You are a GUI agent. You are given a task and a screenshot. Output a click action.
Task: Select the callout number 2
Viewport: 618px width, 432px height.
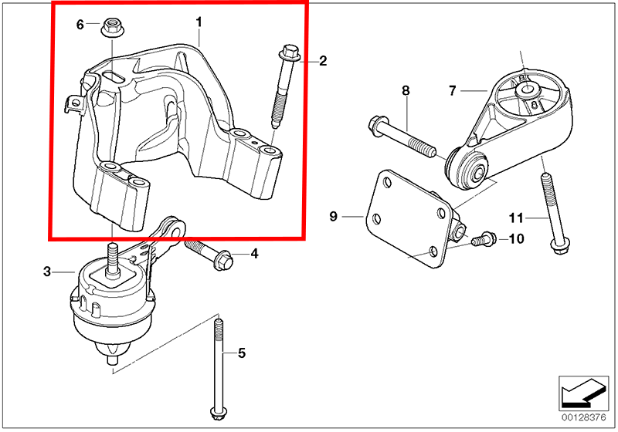[323, 60]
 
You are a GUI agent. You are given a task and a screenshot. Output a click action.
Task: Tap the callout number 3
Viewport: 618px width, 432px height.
[47, 272]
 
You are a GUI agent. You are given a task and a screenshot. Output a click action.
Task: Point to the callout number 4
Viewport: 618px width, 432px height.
[253, 254]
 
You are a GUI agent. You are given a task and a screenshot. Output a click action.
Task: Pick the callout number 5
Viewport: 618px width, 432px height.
[241, 353]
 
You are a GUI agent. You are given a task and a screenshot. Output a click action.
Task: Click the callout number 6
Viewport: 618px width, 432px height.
[80, 25]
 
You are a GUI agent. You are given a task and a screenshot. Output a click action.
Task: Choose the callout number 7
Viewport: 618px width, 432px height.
[453, 91]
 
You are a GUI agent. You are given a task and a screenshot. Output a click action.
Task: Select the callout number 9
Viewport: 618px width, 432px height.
[334, 218]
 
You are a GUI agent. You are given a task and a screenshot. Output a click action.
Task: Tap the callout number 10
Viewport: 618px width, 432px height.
[515, 239]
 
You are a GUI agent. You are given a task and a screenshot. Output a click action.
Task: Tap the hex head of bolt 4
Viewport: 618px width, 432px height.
[222, 260]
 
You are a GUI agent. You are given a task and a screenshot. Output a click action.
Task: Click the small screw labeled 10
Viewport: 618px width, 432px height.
[478, 240]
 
